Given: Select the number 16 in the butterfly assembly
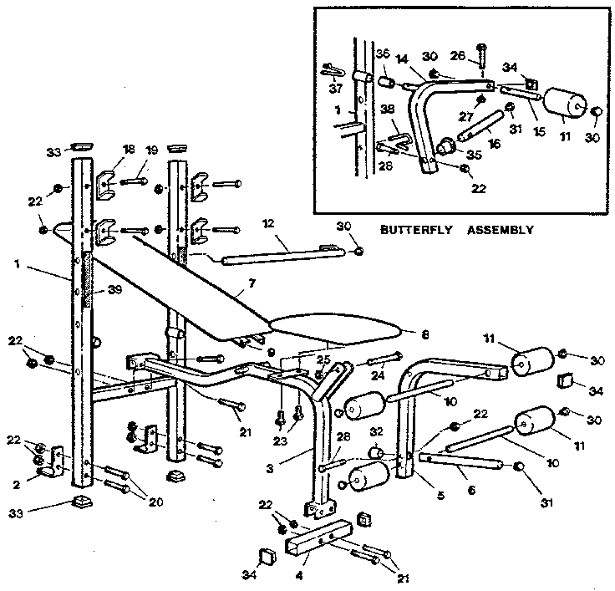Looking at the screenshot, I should [495, 144].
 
